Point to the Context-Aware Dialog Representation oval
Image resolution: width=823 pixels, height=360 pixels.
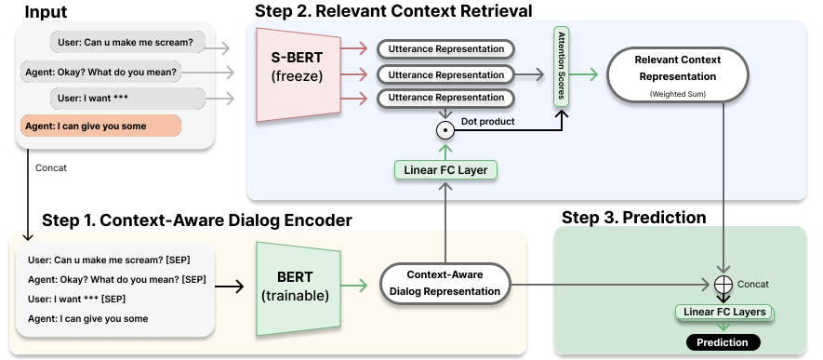(x=446, y=283)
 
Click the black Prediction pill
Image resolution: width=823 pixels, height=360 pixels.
(x=723, y=343)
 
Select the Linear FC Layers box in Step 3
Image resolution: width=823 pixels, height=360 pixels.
(x=723, y=312)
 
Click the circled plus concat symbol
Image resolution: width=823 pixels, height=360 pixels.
(x=722, y=283)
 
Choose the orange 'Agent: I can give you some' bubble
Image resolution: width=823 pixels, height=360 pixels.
(x=100, y=126)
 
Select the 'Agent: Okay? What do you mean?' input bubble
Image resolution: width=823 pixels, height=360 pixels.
(x=100, y=72)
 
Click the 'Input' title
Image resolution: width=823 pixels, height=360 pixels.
(x=46, y=11)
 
